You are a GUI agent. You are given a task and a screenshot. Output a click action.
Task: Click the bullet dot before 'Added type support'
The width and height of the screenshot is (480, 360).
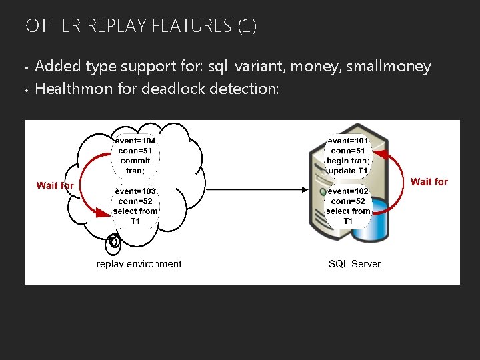(26, 67)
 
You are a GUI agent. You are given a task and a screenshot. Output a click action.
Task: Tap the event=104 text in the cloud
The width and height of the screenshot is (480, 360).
(135, 141)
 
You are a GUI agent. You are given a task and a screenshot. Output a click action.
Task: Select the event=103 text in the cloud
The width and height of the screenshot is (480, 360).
(135, 191)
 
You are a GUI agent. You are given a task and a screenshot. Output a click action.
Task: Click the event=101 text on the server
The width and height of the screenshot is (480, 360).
(348, 141)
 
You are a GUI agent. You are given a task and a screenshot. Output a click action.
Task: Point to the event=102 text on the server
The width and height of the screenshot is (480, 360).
(348, 191)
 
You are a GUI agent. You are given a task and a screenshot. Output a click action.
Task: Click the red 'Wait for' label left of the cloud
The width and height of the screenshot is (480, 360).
(55, 185)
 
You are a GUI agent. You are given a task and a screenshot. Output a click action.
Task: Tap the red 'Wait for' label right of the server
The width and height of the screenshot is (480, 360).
(429, 181)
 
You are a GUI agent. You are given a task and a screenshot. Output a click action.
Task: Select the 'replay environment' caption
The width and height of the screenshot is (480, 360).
(139, 264)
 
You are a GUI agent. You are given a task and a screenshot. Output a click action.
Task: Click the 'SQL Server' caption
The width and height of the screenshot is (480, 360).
(355, 264)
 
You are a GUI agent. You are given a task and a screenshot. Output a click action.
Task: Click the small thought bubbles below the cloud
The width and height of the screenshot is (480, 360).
(114, 241)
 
